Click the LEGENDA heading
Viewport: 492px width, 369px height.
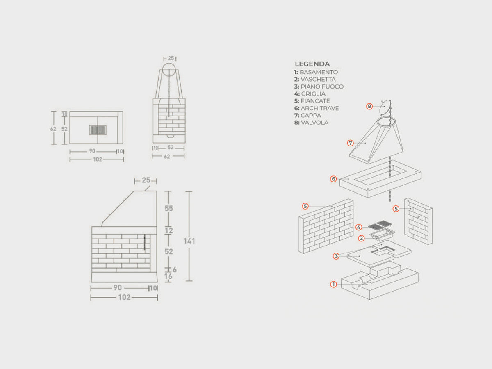click(312, 64)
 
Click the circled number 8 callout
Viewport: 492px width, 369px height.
click(369, 106)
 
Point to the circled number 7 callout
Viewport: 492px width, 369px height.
click(350, 143)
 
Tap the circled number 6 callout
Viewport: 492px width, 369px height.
click(333, 179)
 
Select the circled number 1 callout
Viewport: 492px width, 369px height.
click(333, 284)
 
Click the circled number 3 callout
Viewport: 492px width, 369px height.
click(336, 256)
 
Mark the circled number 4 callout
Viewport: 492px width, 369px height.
click(359, 228)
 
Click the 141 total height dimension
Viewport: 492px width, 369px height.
click(189, 241)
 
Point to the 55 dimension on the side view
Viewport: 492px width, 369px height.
click(169, 208)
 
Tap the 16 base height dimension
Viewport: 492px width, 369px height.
click(169, 276)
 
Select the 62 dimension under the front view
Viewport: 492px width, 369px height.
click(167, 156)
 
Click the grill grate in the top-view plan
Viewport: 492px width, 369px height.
click(98, 130)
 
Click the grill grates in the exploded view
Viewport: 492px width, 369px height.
click(380, 225)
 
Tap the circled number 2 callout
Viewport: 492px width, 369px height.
click(361, 238)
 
